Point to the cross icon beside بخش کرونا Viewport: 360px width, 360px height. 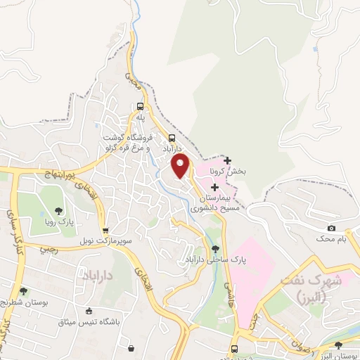227,161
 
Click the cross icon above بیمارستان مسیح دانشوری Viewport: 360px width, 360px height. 214,187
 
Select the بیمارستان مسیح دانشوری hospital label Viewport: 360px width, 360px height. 214,203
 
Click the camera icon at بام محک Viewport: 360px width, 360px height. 331,229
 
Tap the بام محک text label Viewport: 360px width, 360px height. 331,240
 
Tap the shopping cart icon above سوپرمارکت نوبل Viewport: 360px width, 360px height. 105,230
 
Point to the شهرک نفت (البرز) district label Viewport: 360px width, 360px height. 310,285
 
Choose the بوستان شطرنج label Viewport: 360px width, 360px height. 24,302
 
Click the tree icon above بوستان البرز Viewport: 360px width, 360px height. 340,345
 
